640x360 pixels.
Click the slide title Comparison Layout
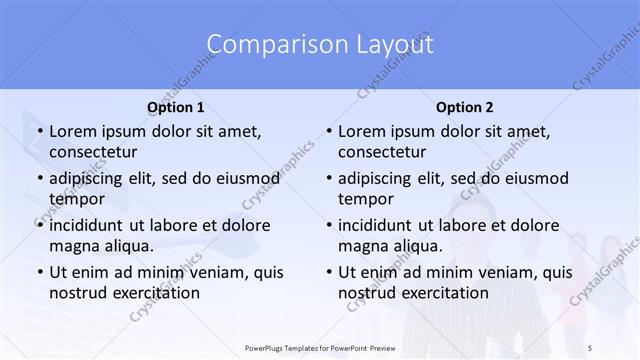coord(320,45)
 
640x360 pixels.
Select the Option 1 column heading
coord(175,107)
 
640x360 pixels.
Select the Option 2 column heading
coord(464,107)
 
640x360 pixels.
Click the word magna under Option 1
coord(73,245)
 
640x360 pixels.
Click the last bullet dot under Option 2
coord(327,273)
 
